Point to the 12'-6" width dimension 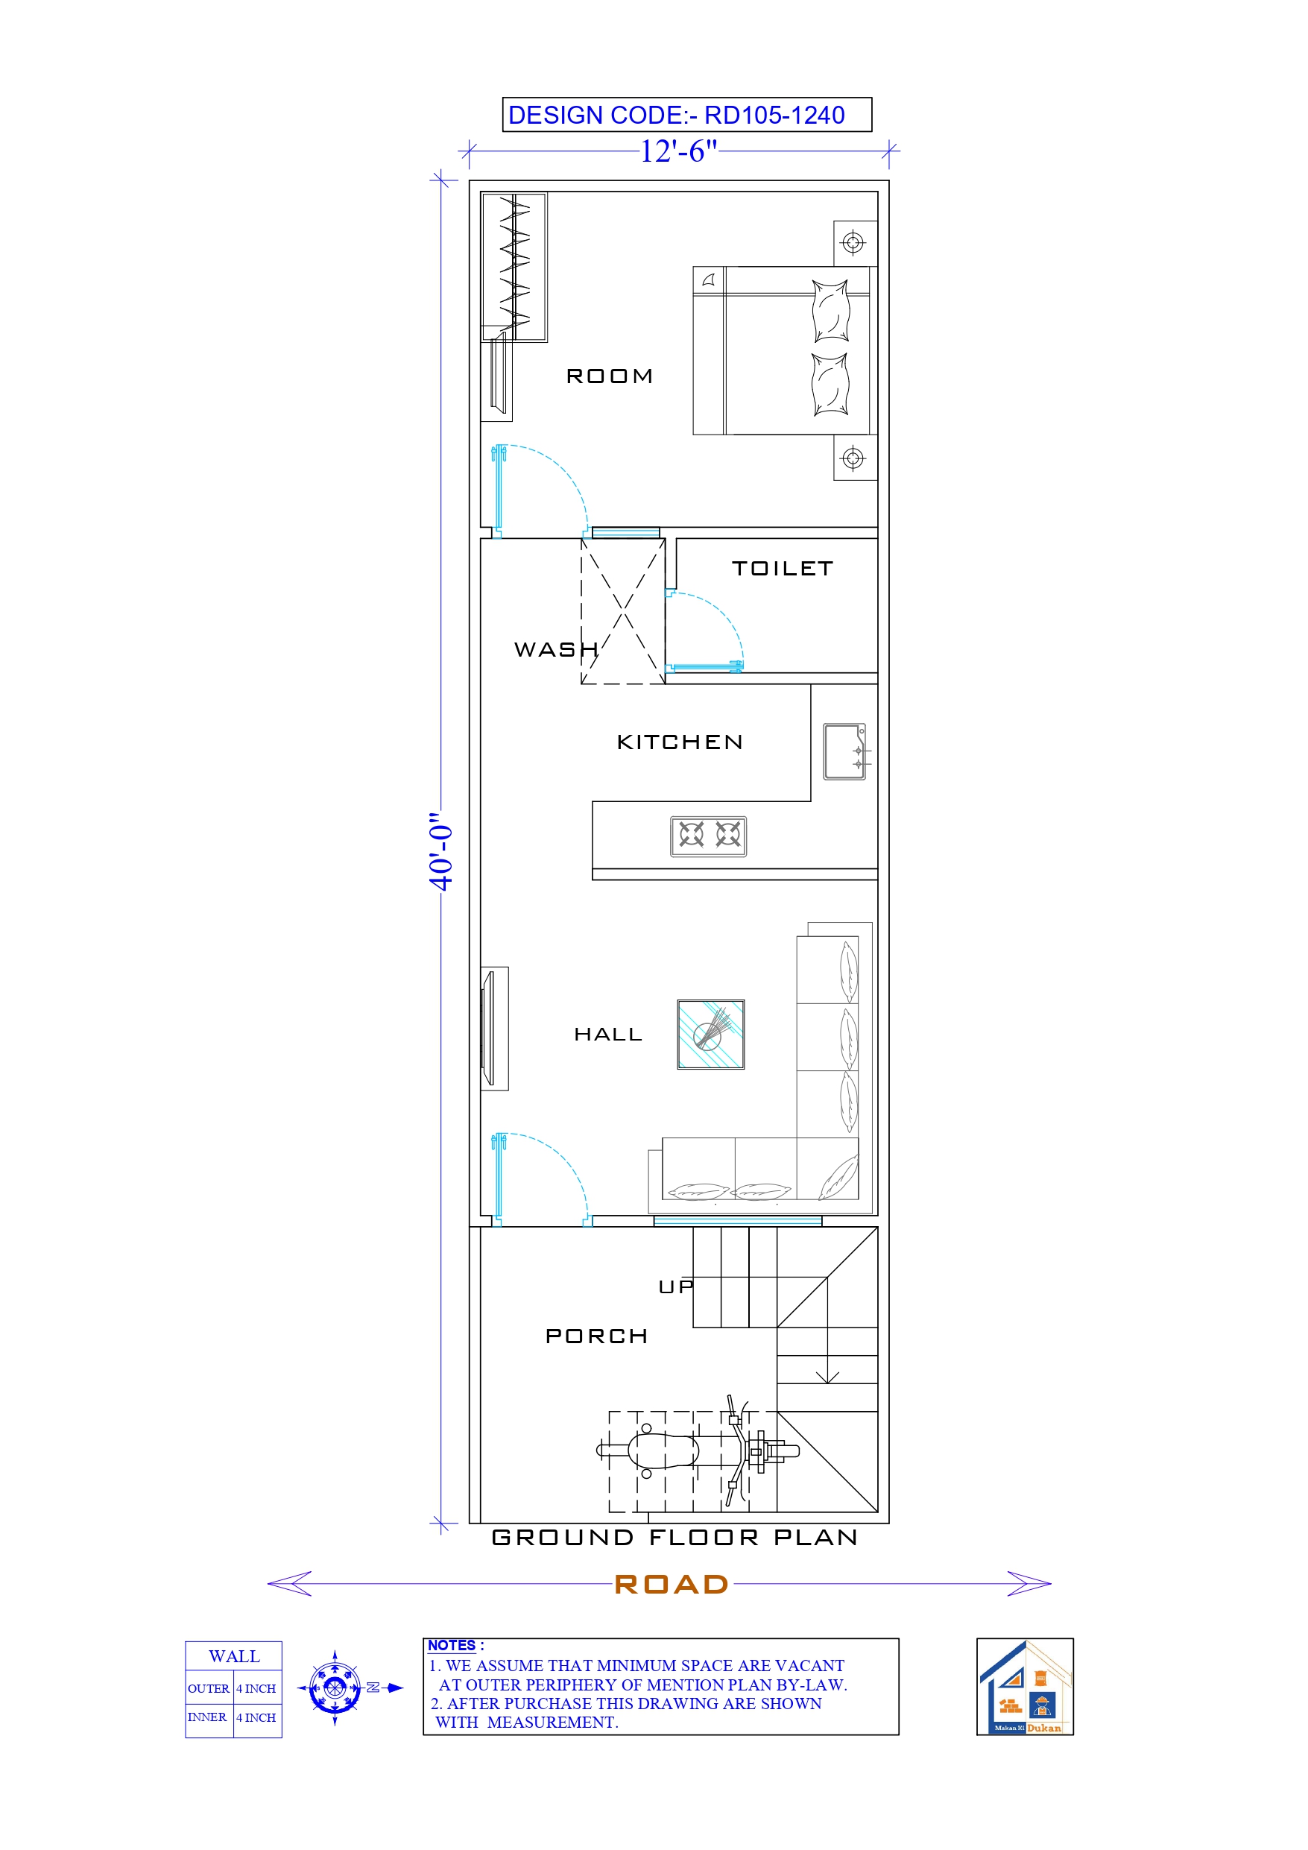677,151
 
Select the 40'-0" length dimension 440,851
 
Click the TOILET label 782,569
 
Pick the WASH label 556,649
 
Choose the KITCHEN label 680,742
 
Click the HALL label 607,1035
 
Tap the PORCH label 596,1336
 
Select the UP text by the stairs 675,1287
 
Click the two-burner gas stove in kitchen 708,836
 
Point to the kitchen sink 844,751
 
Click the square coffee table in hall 710,1035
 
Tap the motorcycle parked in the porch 698,1451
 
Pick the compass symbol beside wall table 335,1688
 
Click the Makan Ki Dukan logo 1024,1688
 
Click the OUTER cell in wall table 209,1689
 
